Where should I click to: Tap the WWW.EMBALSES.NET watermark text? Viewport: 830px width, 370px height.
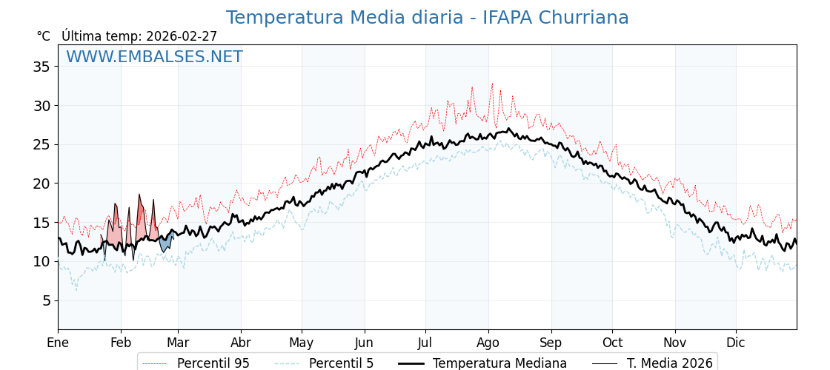[154, 57]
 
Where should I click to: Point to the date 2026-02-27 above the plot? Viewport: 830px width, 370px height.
[182, 36]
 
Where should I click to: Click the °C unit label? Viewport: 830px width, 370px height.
[43, 36]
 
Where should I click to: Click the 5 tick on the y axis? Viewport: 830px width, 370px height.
[47, 300]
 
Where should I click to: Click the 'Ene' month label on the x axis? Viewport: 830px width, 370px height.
[58, 343]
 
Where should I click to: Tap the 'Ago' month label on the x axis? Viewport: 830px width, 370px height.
[488, 343]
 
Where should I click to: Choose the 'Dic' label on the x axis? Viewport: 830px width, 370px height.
[736, 343]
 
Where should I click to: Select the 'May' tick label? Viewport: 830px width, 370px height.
[302, 343]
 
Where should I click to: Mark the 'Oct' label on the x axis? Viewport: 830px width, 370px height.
[612, 343]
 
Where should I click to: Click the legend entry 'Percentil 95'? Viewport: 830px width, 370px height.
[213, 363]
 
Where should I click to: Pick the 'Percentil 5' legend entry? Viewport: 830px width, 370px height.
[341, 363]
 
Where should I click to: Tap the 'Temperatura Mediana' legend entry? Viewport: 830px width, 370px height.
[499, 363]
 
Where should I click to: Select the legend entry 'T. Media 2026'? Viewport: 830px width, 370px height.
[669, 363]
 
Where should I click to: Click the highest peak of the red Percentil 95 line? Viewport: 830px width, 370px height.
[492, 84]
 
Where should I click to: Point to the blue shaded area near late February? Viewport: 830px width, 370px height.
[165, 241]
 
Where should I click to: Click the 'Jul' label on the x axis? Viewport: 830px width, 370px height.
[425, 343]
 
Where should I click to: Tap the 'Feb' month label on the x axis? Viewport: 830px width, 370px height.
[121, 343]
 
